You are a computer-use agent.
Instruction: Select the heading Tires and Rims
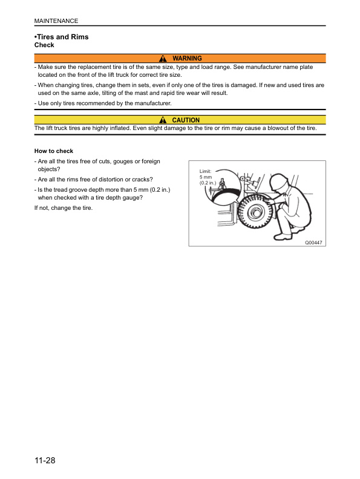[62, 37]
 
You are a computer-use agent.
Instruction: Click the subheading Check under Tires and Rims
[44, 45]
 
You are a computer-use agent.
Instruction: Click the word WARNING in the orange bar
[187, 58]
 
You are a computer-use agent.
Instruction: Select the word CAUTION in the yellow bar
[186, 120]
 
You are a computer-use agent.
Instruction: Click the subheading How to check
[54, 151]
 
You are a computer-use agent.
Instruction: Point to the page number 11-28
[45, 461]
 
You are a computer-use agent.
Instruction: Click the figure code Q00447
[313, 243]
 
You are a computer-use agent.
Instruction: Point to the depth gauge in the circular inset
[223, 184]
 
